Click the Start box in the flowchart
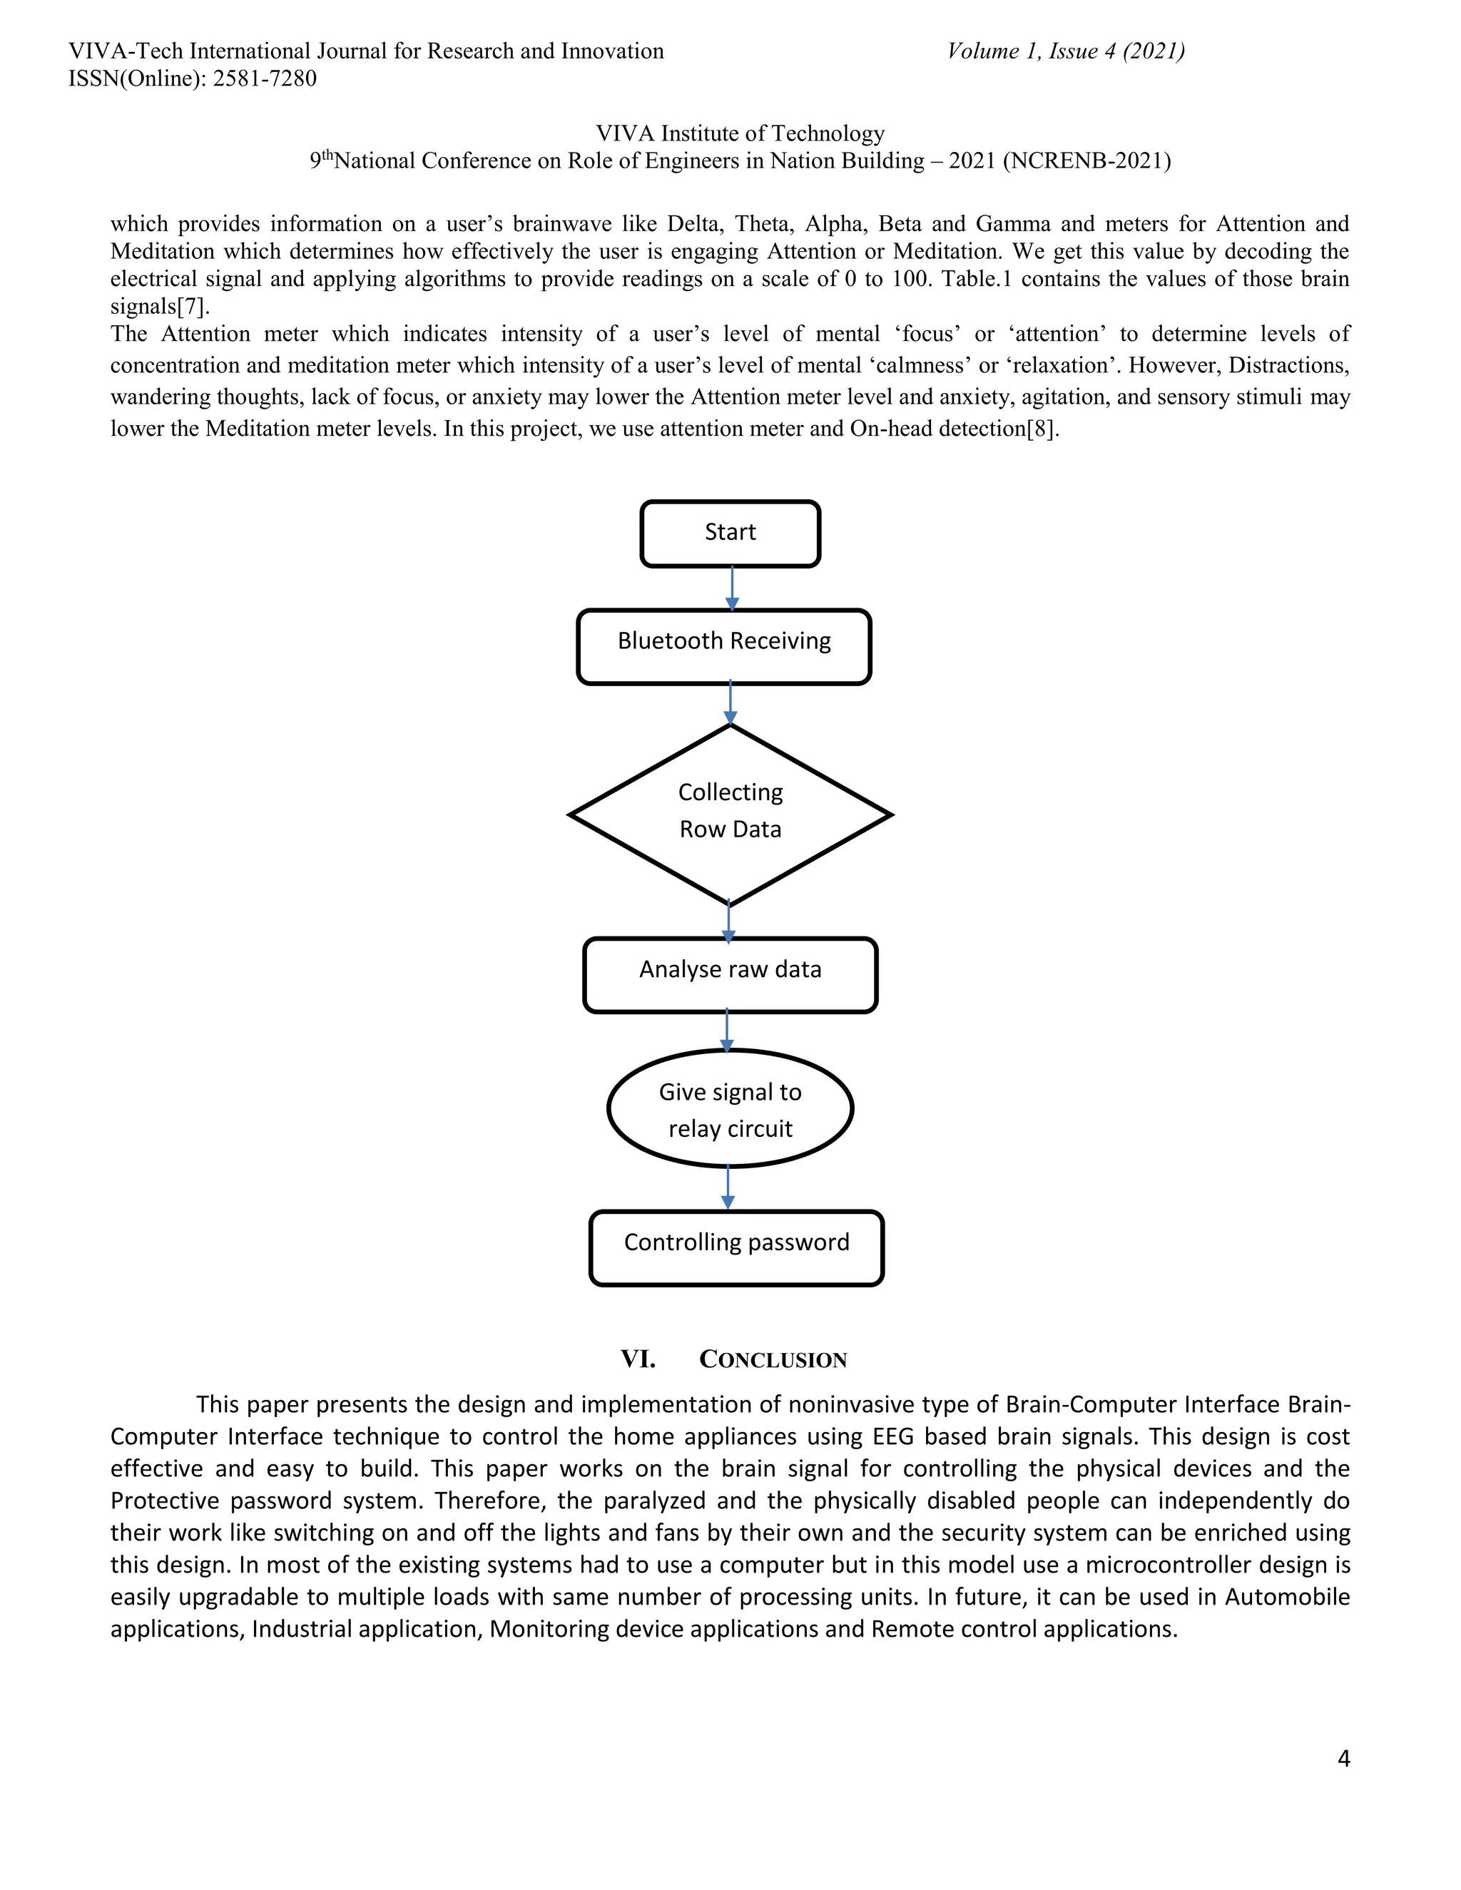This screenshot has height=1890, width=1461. point(730,533)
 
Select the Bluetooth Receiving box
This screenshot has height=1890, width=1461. point(723,646)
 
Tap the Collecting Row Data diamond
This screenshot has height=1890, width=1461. point(730,814)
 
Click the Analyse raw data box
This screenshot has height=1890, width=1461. point(730,974)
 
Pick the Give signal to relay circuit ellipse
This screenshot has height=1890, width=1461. point(730,1108)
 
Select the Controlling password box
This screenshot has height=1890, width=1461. point(735,1247)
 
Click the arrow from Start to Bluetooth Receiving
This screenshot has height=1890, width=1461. point(732,588)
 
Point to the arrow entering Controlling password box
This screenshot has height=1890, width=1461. point(728,1188)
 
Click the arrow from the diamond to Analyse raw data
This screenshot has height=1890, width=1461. point(729,921)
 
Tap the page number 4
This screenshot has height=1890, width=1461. point(1343,1759)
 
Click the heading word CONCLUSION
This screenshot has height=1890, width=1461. point(772,1359)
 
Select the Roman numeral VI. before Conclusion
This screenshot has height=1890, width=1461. point(637,1359)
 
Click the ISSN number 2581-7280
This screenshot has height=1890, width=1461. point(264,78)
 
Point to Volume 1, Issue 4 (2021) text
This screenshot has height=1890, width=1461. point(1066,51)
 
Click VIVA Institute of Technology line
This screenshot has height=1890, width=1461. point(740,133)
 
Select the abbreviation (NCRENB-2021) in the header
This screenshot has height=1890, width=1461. point(1086,161)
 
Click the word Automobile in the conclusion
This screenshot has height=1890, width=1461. point(1287,1597)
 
